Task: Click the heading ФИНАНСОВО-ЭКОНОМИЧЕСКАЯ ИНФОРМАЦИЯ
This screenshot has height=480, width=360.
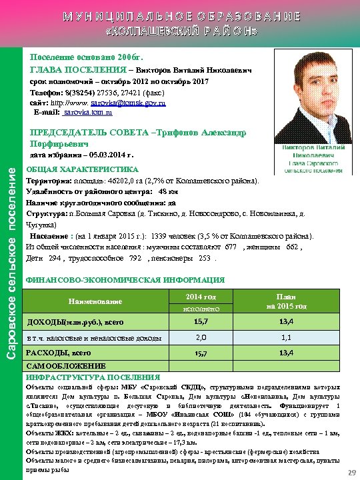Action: (x=125, y=280)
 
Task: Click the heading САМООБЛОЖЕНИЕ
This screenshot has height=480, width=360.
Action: (x=65, y=366)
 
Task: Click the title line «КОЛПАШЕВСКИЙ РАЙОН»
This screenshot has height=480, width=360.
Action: (x=180, y=31)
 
